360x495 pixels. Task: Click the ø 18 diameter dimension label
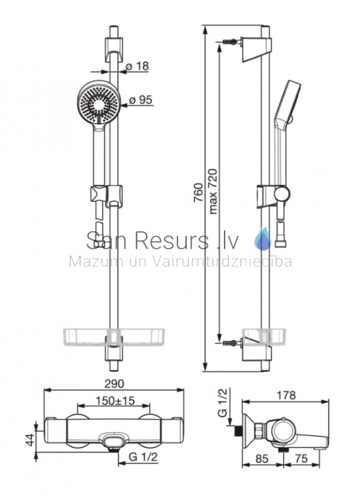pyautogui.click(x=137, y=66)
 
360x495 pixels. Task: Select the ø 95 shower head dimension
pyautogui.click(x=140, y=100)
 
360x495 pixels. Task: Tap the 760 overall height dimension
pyautogui.click(x=197, y=192)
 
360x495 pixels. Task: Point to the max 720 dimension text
pyautogui.click(x=213, y=192)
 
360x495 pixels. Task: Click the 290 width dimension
pyautogui.click(x=114, y=384)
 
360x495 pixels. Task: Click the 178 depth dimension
pyautogui.click(x=286, y=395)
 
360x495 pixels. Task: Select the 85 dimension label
pyautogui.click(x=261, y=458)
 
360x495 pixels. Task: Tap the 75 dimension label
pyautogui.click(x=301, y=458)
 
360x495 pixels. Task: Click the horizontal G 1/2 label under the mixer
pyautogui.click(x=143, y=457)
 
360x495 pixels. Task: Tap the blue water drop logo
pyautogui.click(x=262, y=239)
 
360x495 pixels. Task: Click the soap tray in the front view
pyautogui.click(x=114, y=337)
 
